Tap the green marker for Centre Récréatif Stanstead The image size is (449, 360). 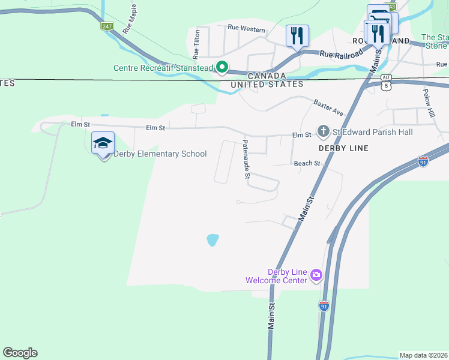(221, 68)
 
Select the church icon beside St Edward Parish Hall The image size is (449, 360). (323, 131)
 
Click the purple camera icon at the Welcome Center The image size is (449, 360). (316, 275)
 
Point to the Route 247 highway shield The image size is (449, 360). (107, 26)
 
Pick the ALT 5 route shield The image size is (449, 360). (387, 82)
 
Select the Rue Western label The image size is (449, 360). (246, 28)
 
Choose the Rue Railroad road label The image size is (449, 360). (342, 54)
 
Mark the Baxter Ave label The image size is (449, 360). (328, 108)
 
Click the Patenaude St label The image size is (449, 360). (246, 160)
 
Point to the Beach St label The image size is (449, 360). (308, 163)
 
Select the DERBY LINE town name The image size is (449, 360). (343, 148)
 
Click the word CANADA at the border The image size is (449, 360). (267, 76)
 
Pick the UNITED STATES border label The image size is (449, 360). (268, 85)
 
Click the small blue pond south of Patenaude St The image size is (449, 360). (212, 240)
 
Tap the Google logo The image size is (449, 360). (20, 353)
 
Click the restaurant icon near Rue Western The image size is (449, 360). (297, 36)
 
